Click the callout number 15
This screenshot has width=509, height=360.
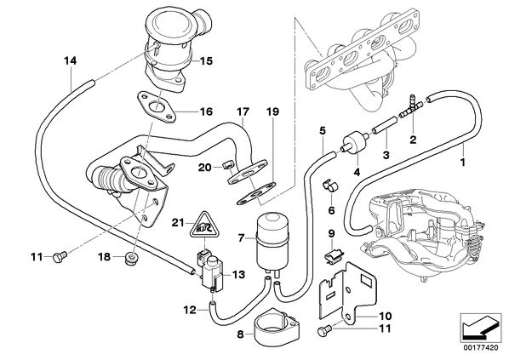(206, 60)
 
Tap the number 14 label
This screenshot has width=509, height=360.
(70, 60)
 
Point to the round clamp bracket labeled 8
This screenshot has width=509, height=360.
(274, 326)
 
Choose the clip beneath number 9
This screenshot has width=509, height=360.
(330, 254)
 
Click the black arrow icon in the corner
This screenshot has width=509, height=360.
(479, 327)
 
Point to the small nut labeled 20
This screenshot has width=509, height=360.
(229, 166)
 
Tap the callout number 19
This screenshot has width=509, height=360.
(272, 112)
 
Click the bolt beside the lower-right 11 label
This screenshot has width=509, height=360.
(323, 331)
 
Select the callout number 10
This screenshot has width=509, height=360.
(385, 316)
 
